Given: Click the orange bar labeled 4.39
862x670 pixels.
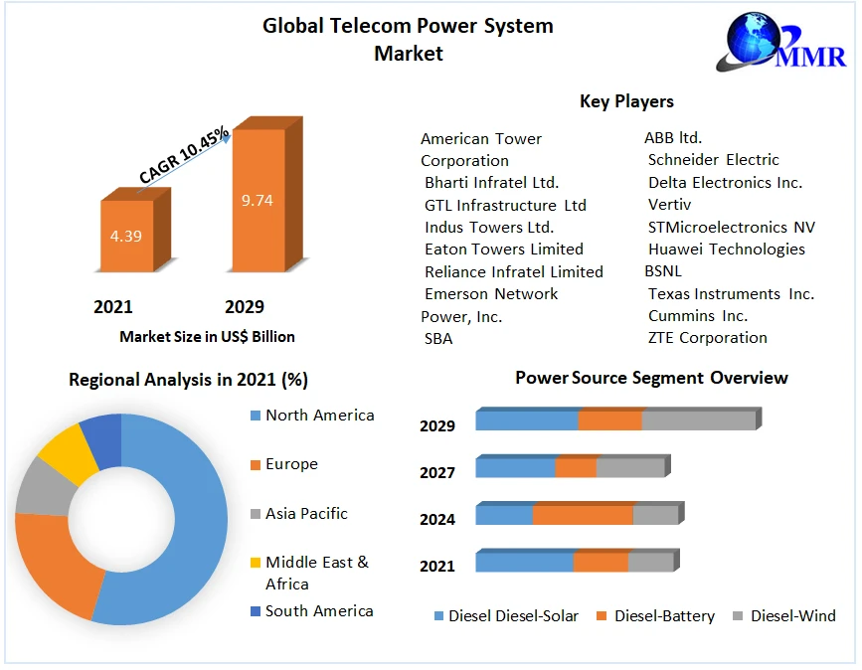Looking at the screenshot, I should coord(127,236).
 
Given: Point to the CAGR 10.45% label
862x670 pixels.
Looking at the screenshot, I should coord(184,155).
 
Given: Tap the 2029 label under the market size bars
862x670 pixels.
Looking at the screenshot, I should coord(245,306).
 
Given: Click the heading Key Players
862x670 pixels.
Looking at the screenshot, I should coord(626,101).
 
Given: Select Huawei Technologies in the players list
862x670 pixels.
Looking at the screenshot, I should coord(726,249).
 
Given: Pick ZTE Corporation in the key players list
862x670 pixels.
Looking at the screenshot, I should coord(707,337).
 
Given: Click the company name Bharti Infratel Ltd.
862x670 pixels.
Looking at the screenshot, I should coord(491,182).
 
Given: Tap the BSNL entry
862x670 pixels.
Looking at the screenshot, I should coord(663,270).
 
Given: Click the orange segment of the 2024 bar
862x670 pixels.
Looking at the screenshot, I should coord(583,515).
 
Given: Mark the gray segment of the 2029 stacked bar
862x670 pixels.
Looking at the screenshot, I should coord(698,420).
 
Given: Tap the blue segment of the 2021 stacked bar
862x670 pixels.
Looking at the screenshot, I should coord(524,563).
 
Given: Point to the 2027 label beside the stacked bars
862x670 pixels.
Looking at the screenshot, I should coord(437,472).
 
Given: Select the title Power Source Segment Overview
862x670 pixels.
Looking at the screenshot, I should coord(651,378).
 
